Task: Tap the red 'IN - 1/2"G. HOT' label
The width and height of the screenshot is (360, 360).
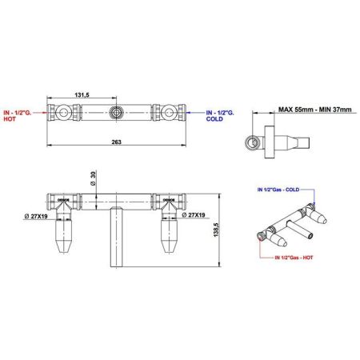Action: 16,116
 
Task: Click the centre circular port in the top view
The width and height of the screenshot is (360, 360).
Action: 118,112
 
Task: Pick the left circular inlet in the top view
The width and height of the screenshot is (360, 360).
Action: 61,112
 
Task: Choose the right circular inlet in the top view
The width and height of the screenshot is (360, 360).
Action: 174,112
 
